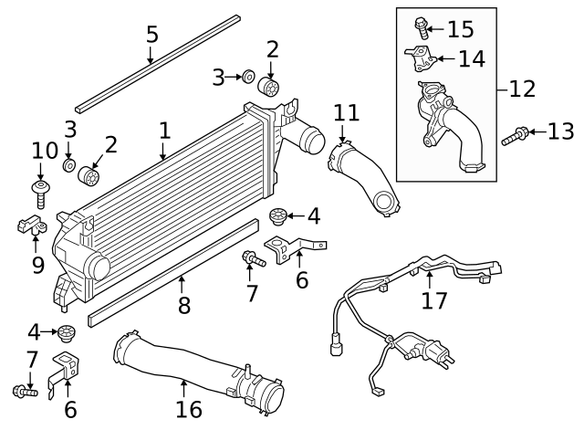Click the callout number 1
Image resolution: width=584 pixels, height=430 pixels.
point(164,131)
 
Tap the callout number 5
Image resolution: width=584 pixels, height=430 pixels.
point(151,35)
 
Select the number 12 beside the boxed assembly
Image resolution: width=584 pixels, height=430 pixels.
point(522,89)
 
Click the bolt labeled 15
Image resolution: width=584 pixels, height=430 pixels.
point(421,26)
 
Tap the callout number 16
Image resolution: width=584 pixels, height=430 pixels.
point(189,409)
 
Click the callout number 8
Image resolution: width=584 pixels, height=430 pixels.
point(183,305)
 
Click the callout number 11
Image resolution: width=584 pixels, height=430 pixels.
point(346,113)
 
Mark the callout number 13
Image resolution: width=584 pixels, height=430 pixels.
point(560,132)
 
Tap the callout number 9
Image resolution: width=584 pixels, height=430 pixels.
point(37,265)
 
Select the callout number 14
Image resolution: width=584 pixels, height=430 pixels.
point(471,59)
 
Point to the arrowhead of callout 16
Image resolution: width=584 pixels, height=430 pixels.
point(184,381)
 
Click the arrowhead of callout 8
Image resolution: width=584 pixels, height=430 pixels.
point(182,277)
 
